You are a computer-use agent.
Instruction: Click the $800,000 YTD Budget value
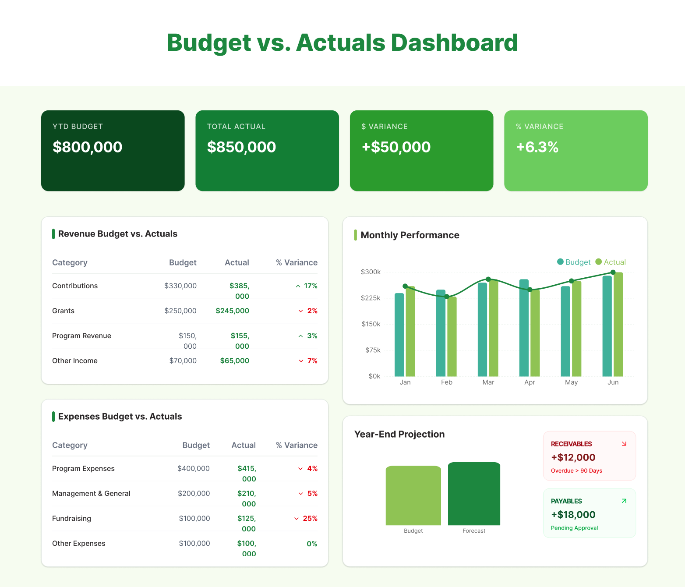(x=87, y=147)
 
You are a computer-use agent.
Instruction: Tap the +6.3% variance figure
(x=537, y=147)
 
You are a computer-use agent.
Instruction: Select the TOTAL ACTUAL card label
(x=236, y=127)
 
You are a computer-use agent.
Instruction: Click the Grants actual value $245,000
(x=232, y=311)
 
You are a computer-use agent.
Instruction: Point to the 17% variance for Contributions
(x=307, y=286)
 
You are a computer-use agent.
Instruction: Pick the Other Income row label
(x=75, y=361)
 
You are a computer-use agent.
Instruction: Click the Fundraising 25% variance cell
(x=306, y=519)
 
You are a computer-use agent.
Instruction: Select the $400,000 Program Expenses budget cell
(x=193, y=469)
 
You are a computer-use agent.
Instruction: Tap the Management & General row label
(x=91, y=494)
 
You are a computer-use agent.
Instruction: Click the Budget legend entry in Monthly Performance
(x=574, y=262)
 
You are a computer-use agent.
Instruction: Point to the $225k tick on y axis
(x=371, y=298)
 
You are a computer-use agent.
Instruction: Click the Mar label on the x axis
(x=488, y=382)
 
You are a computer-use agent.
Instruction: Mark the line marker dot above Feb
(x=447, y=297)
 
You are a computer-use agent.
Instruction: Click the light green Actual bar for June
(x=618, y=324)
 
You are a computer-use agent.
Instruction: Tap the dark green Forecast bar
(x=474, y=494)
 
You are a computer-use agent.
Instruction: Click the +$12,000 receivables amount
(x=573, y=457)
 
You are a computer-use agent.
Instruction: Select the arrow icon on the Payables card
(x=624, y=501)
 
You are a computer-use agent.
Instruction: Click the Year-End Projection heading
(x=399, y=434)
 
